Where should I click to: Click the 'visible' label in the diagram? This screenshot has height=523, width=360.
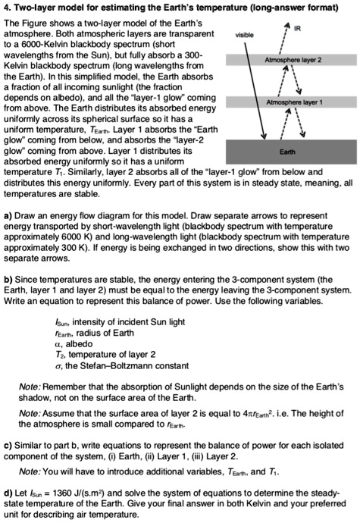coord(245,34)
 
